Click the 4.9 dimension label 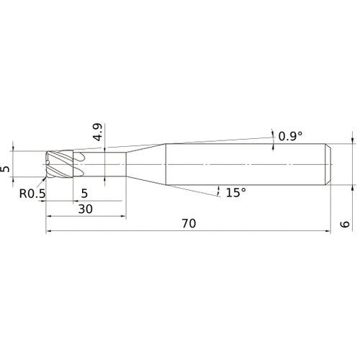[98, 132]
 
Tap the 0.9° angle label [290, 136]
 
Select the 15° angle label [236, 192]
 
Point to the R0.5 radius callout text [32, 194]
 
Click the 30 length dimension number [86, 210]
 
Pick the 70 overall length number [189, 223]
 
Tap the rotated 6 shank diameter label [345, 224]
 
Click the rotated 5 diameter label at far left [5, 169]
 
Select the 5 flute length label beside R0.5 [84, 193]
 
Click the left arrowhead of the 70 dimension [48, 231]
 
